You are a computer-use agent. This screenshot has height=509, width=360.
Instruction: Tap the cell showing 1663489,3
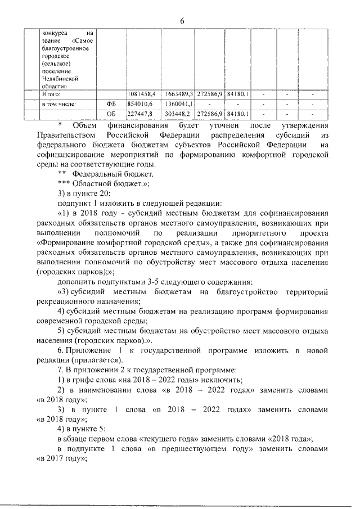click(x=180, y=94)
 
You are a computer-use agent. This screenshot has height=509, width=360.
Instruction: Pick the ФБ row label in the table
click(x=110, y=104)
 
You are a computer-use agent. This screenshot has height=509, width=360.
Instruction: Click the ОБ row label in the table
click(x=110, y=114)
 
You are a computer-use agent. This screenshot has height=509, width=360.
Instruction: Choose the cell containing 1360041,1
click(x=180, y=104)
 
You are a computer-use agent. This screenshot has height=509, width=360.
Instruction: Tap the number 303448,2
click(x=180, y=114)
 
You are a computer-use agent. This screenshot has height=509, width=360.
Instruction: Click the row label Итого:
click(x=51, y=94)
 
